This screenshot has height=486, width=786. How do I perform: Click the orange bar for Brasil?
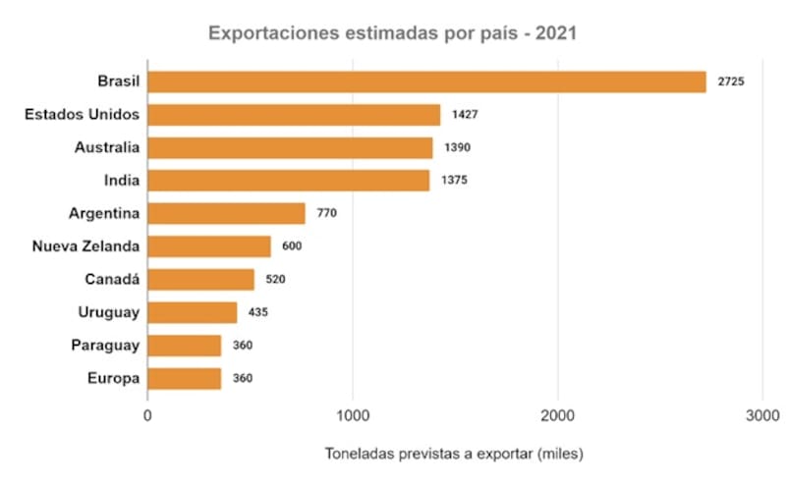(x=426, y=81)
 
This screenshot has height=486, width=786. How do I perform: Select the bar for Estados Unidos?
(x=294, y=115)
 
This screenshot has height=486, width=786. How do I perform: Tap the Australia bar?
(x=290, y=147)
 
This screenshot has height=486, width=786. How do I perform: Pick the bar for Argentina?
(x=226, y=213)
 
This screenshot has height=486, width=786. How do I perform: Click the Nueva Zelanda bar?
(x=209, y=245)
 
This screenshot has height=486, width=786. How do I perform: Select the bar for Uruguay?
(x=193, y=312)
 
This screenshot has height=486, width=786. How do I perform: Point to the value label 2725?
(x=731, y=81)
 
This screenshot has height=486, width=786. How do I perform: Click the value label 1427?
(x=465, y=115)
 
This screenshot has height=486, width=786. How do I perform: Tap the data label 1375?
(x=454, y=181)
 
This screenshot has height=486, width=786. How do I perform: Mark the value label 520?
(x=275, y=280)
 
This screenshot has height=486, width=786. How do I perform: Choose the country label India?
(x=121, y=181)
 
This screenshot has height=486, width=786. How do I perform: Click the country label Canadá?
(x=112, y=280)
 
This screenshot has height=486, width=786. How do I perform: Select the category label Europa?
(x=112, y=378)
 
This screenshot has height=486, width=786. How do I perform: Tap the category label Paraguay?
(x=105, y=346)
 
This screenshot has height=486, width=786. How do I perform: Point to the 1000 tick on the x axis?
(x=353, y=414)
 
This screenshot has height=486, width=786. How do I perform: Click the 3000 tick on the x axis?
(x=762, y=414)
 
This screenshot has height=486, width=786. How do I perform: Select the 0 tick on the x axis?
(x=147, y=414)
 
